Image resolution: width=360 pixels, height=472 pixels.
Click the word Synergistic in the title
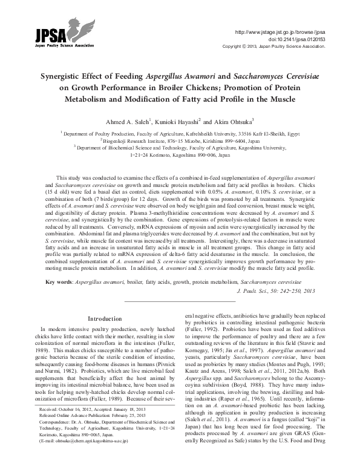(x=64, y=77)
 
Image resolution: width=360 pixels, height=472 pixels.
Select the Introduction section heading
(x=105, y=318)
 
